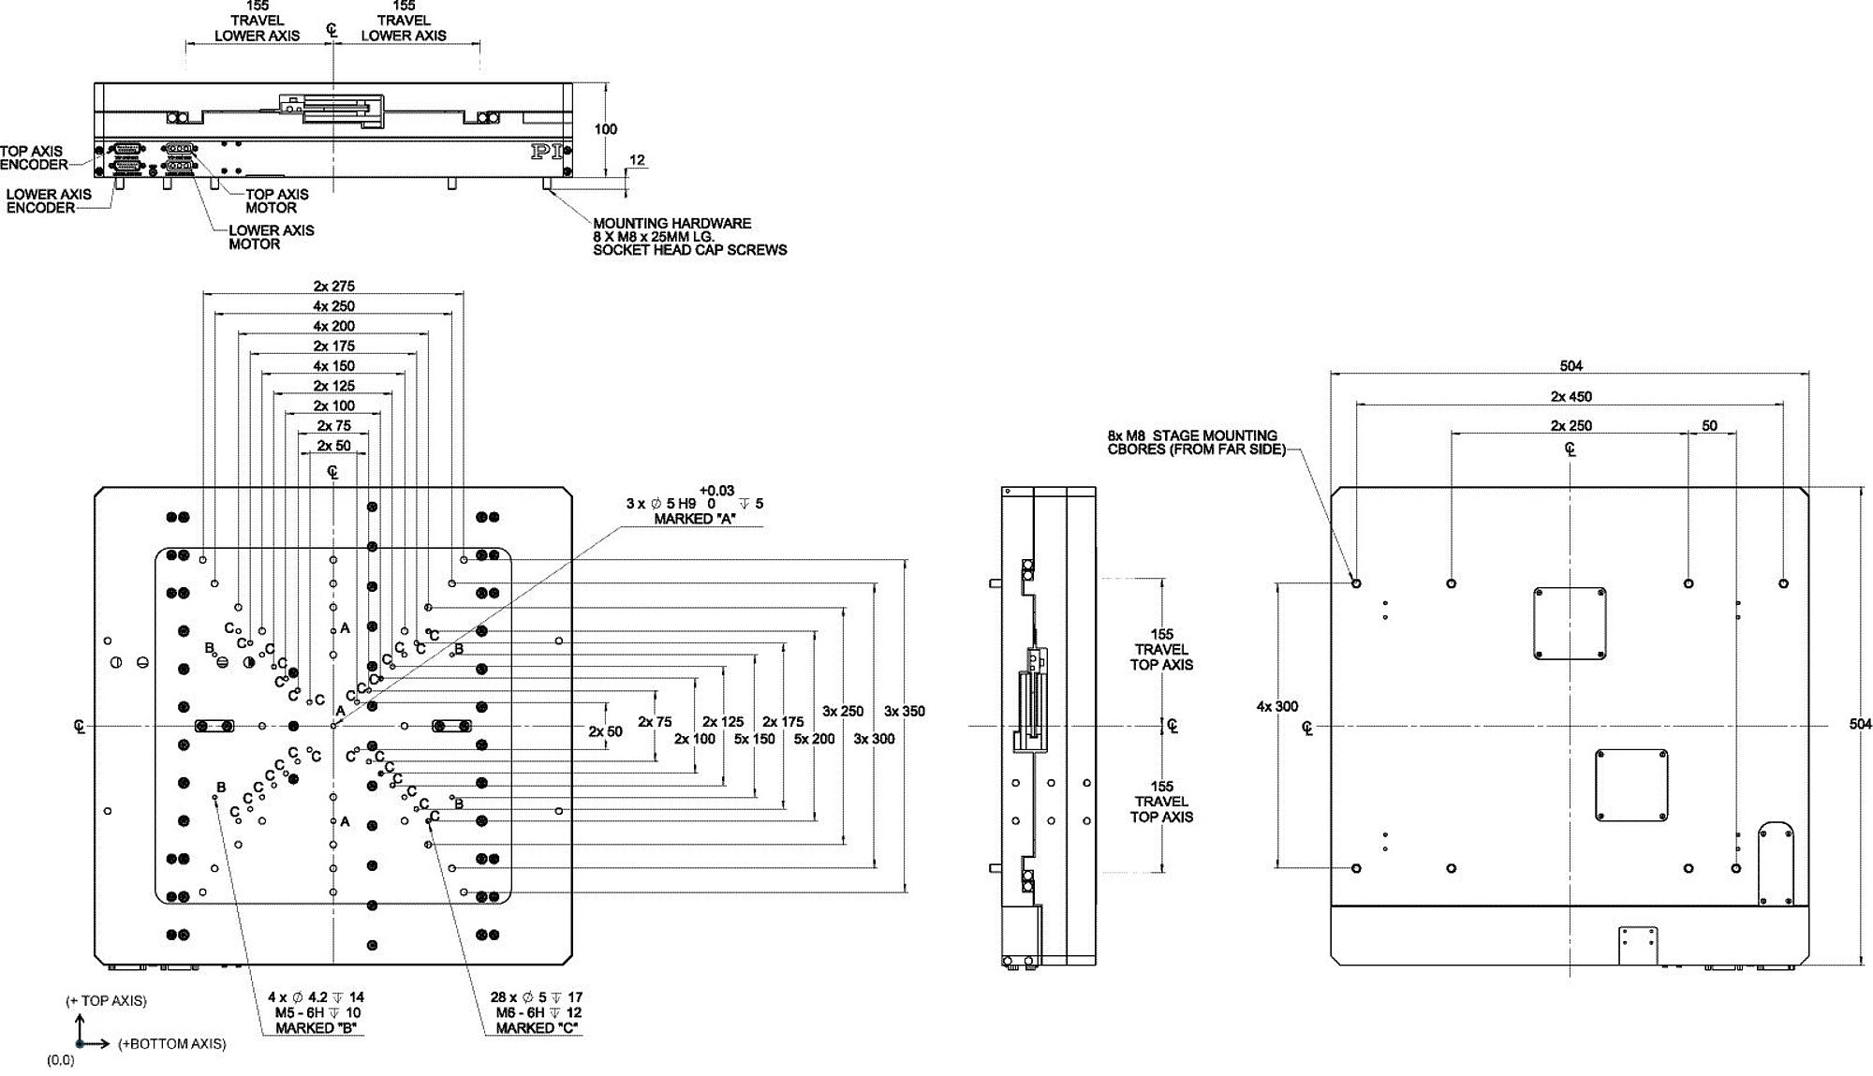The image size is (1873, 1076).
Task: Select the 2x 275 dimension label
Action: pyautogui.click(x=334, y=287)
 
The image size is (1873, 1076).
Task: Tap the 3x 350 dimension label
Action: pyautogui.click(x=904, y=712)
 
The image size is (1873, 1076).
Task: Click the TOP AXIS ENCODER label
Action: pyautogui.click(x=33, y=158)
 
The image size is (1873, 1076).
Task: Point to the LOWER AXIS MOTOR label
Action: pyautogui.click(x=271, y=237)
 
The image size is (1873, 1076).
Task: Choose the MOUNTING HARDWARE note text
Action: pyautogui.click(x=689, y=237)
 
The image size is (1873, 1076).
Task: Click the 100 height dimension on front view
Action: pyautogui.click(x=606, y=129)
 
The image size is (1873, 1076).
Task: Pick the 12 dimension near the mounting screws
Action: pyautogui.click(x=637, y=160)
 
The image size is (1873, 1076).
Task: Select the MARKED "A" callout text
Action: pyautogui.click(x=695, y=519)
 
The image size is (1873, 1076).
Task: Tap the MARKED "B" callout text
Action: pyautogui.click(x=316, y=1028)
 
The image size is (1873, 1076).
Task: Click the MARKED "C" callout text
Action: pyautogui.click(x=537, y=1028)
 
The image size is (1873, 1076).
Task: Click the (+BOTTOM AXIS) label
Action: pyautogui.click(x=171, y=1044)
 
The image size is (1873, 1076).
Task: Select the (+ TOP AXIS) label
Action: pyautogui.click(x=106, y=1001)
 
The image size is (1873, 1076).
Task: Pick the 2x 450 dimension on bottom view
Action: pyautogui.click(x=1571, y=397)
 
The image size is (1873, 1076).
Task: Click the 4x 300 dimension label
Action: pyautogui.click(x=1277, y=707)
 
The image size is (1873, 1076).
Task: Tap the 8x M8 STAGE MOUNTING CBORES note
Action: pyautogui.click(x=1192, y=442)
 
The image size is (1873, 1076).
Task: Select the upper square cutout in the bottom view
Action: pyautogui.click(x=1570, y=623)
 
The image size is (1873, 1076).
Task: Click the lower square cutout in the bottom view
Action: pyautogui.click(x=1631, y=785)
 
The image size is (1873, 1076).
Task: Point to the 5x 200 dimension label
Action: pyautogui.click(x=814, y=739)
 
